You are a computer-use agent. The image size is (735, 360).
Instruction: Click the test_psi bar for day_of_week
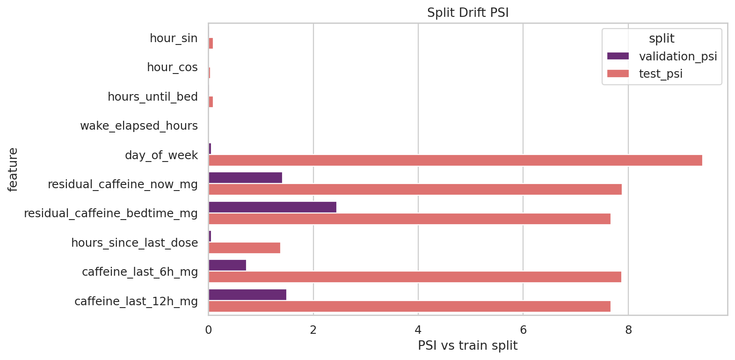[x=455, y=160]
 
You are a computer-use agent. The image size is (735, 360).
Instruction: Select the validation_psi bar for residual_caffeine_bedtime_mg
[x=272, y=207]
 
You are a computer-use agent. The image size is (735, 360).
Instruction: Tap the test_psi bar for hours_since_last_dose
[x=244, y=248]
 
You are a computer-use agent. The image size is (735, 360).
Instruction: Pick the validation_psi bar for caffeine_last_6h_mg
[x=227, y=265]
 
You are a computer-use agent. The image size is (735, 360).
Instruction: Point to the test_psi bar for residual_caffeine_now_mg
[x=415, y=189]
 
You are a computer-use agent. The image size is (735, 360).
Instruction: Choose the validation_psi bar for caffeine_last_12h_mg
[x=247, y=294]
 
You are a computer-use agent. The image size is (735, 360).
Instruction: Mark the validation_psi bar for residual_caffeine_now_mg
[x=245, y=177]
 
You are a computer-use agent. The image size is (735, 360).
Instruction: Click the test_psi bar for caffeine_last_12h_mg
[x=409, y=306]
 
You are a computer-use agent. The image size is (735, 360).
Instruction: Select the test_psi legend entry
[x=660, y=74]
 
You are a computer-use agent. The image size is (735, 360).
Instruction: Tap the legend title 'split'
[x=662, y=39]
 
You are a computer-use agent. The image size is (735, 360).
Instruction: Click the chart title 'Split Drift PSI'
[x=468, y=13]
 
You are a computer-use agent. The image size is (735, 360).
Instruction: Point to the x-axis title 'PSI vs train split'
[x=467, y=345]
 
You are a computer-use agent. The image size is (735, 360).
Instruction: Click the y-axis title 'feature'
[x=13, y=169]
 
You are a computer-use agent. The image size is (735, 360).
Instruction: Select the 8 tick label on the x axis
[x=628, y=330]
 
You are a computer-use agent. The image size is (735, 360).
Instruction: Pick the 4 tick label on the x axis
[x=418, y=330]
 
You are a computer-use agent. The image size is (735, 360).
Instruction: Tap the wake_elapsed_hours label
[x=139, y=126]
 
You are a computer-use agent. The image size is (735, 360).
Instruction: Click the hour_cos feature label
[x=172, y=67]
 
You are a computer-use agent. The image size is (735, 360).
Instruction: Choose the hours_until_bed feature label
[x=153, y=97]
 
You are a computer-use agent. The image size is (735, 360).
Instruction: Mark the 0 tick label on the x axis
[x=209, y=330]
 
